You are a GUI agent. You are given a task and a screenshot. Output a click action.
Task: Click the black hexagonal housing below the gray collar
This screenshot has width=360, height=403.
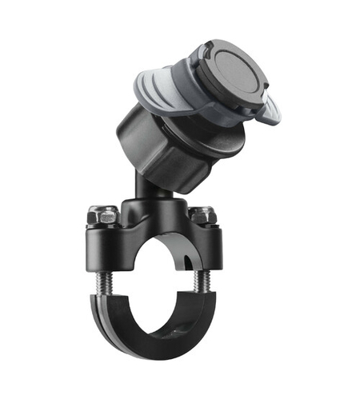(160, 148)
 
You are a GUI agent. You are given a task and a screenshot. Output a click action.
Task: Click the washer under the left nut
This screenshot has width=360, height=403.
(105, 224)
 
